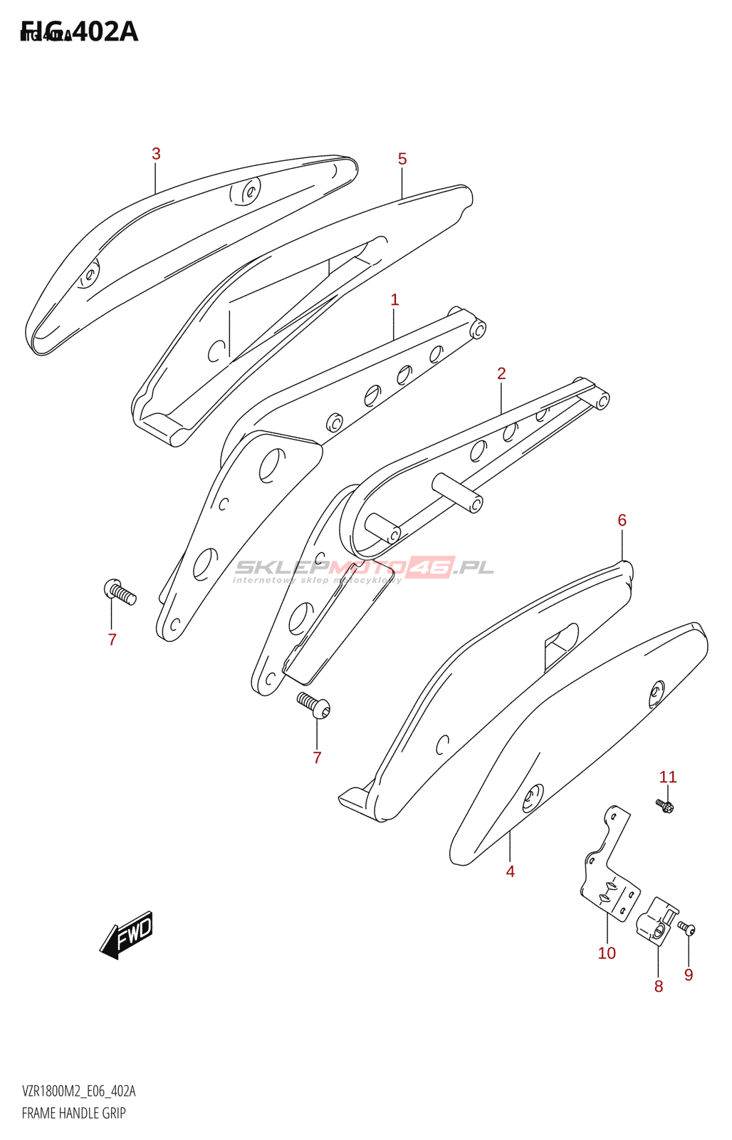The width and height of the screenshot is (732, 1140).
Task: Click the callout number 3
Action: [156, 154]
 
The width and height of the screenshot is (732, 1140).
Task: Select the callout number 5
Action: [402, 159]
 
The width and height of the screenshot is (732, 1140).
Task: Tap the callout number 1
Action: [394, 300]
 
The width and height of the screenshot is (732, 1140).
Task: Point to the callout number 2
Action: [501, 373]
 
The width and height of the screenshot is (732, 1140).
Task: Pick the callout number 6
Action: [622, 521]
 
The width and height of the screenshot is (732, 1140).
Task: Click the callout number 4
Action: [510, 871]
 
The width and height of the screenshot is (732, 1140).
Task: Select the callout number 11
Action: [667, 777]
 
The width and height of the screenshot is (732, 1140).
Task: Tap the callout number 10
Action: [607, 953]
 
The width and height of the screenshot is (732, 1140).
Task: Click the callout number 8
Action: [659, 986]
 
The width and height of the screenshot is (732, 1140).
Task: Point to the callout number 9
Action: [689, 975]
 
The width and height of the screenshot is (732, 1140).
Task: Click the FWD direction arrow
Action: [127, 933]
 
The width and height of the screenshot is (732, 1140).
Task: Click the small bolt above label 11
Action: [664, 806]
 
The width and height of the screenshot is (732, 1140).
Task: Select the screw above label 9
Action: [686, 928]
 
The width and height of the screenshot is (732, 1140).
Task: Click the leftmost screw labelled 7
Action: [120, 592]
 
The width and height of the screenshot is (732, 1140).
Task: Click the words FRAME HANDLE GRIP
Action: [74, 1113]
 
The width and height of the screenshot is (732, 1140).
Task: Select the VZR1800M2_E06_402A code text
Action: [79, 1092]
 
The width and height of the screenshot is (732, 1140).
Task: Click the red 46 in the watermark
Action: [430, 567]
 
